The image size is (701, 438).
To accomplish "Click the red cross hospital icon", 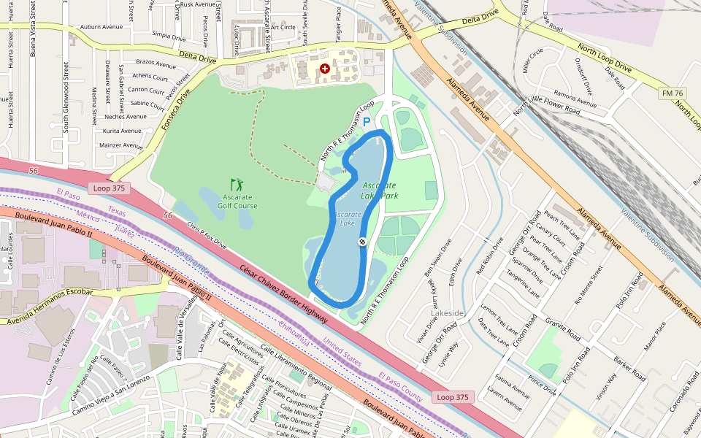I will coord(325,68).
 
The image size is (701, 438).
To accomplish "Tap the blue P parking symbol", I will coord(367,123).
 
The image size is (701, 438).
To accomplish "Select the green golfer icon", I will coord(236,185).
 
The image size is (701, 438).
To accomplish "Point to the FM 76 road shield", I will coord(672,93).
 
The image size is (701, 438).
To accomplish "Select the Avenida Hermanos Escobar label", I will coord(47,307).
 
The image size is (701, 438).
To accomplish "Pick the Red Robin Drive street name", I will coord(490,256).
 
